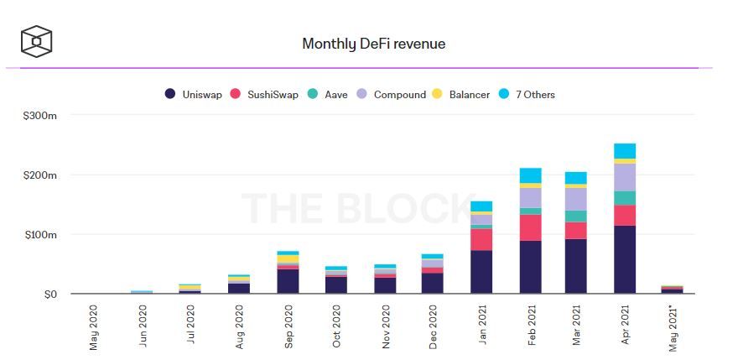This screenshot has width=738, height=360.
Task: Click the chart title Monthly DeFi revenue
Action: [373, 44]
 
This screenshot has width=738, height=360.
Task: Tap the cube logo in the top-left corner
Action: [36, 41]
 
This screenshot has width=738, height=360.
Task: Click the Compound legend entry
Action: [392, 95]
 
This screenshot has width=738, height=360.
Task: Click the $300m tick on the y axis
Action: [39, 115]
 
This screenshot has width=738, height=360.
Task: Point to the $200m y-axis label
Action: [39, 175]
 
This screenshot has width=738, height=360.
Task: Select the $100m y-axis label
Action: [39, 235]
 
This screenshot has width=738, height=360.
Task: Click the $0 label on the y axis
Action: [49, 295]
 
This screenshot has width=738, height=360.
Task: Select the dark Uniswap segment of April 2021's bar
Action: [625, 259]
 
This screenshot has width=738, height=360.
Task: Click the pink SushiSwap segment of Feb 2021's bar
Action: [530, 227]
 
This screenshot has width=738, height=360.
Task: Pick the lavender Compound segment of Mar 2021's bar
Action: [576, 200]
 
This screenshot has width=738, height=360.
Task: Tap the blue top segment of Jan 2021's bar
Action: [481, 206]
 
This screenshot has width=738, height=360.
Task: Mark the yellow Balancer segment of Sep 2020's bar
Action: [288, 258]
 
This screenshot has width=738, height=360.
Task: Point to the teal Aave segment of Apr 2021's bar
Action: [625, 198]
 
